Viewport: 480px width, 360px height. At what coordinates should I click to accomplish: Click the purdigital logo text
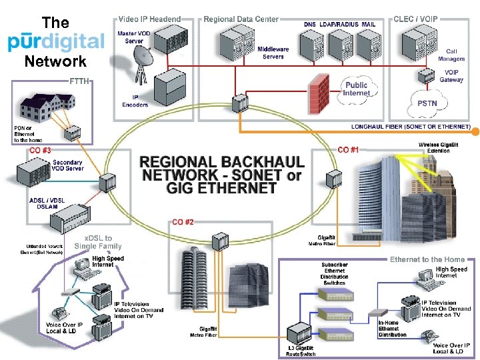[x=56, y=41]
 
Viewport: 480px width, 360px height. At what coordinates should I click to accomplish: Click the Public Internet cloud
[x=356, y=89]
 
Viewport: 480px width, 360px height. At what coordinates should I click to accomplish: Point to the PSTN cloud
[x=427, y=103]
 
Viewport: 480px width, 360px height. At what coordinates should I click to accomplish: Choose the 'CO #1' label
[x=349, y=149]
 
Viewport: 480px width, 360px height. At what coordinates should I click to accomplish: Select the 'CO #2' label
[x=183, y=221]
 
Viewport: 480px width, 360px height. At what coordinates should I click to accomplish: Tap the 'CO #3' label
[x=40, y=151]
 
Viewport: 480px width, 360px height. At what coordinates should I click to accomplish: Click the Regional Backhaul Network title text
[x=222, y=175]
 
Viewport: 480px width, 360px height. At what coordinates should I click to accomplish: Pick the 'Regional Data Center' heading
[x=241, y=19]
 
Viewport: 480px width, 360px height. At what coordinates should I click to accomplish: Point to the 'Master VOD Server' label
[x=134, y=37]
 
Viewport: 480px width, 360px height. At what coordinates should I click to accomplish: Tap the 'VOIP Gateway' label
[x=451, y=76]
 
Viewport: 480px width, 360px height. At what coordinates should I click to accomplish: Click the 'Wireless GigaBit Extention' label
[x=438, y=147]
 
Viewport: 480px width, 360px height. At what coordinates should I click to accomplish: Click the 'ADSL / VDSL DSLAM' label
[x=47, y=203]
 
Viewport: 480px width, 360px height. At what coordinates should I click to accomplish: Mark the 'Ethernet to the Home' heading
[x=427, y=259]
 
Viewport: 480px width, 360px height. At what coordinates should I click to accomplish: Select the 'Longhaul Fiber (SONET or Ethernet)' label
[x=411, y=127]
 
